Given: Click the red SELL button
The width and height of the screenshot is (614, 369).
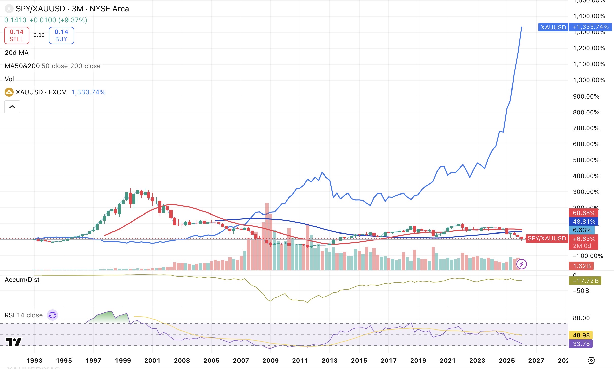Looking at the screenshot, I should (17, 35).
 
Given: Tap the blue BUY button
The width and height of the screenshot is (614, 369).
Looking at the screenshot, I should (61, 35).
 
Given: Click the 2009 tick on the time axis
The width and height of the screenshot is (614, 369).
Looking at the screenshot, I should (270, 360).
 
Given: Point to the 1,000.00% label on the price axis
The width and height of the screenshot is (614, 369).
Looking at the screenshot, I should (589, 80).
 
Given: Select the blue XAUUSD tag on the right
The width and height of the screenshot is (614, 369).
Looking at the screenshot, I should (553, 27).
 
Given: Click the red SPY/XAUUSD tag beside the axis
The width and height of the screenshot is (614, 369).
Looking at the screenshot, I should (547, 238).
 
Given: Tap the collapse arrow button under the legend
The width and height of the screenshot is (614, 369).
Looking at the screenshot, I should (12, 107).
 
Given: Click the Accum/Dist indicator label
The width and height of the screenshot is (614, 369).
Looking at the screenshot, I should (22, 280).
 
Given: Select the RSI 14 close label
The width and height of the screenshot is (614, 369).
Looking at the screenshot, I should (24, 315).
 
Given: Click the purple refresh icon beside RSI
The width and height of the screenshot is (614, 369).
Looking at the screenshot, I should (53, 315).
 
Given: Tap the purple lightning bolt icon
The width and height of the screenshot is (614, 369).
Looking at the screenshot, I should (522, 264).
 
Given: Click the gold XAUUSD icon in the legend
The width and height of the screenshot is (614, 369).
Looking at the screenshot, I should (9, 92).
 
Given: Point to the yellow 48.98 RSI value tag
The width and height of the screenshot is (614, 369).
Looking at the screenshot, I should (581, 335).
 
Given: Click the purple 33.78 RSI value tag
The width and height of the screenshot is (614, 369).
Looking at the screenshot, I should (581, 344).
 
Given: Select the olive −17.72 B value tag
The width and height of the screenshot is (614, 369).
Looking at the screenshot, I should (585, 281).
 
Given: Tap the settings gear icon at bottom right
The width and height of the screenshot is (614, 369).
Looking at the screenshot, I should (591, 360).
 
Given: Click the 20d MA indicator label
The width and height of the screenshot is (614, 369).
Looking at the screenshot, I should (17, 53).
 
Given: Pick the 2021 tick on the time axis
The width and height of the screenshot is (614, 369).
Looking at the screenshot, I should (448, 360).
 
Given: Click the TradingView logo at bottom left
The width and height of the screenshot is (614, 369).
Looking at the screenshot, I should (14, 342).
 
